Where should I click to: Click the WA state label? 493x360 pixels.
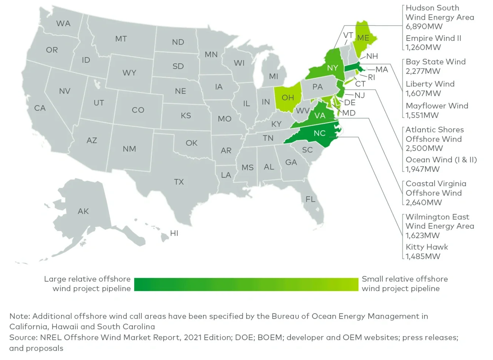point(63,24)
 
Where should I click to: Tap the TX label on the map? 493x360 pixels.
point(179,182)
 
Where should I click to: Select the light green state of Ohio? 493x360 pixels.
point(288,98)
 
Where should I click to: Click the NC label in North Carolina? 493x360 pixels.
point(320,133)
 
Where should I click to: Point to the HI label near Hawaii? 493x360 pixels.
point(174,233)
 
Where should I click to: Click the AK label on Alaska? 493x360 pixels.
point(83,211)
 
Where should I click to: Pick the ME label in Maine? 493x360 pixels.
point(363,38)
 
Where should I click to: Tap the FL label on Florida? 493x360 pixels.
point(310,199)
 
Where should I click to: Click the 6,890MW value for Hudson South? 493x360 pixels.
point(424,27)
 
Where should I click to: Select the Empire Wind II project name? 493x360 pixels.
point(433,38)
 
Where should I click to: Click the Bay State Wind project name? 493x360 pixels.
point(435,62)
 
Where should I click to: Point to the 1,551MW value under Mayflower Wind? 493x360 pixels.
point(422,115)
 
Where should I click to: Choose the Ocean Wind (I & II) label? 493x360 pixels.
point(441,160)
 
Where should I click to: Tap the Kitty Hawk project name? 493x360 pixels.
point(427,247)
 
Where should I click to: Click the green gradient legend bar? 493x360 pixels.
point(246,284)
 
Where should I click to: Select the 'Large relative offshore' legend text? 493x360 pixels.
point(87,279)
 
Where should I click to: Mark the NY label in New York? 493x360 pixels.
point(332,68)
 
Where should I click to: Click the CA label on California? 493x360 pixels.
point(40,108)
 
